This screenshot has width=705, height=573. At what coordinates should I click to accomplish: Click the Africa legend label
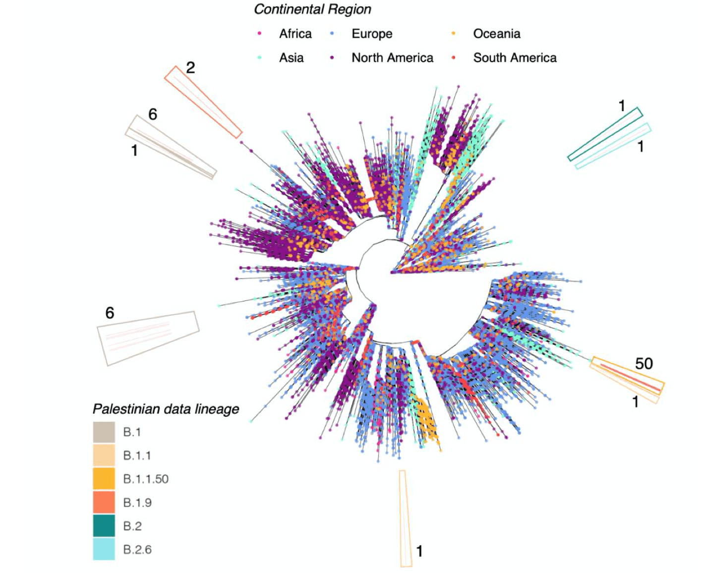click(x=295, y=34)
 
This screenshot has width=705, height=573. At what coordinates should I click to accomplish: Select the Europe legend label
click(x=372, y=34)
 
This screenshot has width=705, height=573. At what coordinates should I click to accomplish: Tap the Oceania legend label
click(x=496, y=34)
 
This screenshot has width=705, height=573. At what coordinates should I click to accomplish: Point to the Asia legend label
click(x=291, y=57)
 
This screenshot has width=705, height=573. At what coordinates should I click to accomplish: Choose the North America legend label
click(x=392, y=57)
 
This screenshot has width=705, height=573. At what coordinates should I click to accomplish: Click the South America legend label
click(x=515, y=57)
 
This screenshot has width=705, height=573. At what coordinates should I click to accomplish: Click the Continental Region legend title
click(x=312, y=9)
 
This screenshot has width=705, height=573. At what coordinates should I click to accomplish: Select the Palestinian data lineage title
click(x=166, y=409)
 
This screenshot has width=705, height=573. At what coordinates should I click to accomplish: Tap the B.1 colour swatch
click(x=104, y=432)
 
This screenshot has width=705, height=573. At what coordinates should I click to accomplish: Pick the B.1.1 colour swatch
click(x=104, y=456)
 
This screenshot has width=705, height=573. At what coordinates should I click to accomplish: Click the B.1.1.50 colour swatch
click(x=104, y=479)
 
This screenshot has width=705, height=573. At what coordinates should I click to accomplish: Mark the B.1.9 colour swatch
click(x=104, y=502)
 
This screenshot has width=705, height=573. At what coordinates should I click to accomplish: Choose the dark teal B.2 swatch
click(x=104, y=526)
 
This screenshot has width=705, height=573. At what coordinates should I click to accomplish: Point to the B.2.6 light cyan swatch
click(x=104, y=549)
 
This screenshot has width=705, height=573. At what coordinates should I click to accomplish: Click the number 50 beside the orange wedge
click(x=644, y=363)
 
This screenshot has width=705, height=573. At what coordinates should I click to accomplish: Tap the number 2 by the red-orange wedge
click(x=190, y=67)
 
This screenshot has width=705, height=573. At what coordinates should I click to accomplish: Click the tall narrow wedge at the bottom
click(x=405, y=518)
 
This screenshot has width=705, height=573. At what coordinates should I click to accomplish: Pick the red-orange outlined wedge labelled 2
click(x=203, y=102)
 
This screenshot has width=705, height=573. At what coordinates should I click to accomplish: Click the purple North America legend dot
click(x=332, y=57)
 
